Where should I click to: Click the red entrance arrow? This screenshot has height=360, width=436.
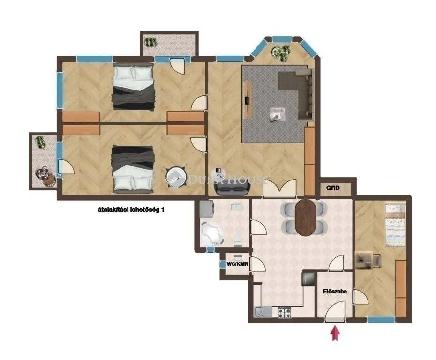pyautogui.click(x=335, y=334)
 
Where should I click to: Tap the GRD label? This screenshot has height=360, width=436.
pyautogui.click(x=333, y=188)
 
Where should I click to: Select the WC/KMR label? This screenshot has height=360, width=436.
pyautogui.click(x=237, y=264)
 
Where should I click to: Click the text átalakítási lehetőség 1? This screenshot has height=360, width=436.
pyautogui.click(x=128, y=211)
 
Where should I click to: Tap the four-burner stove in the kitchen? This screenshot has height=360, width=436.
pyautogui.click(x=284, y=311)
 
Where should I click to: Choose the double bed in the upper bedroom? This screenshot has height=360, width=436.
pyautogui.click(x=133, y=86)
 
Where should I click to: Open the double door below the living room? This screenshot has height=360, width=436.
pyautogui.click(x=279, y=188)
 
